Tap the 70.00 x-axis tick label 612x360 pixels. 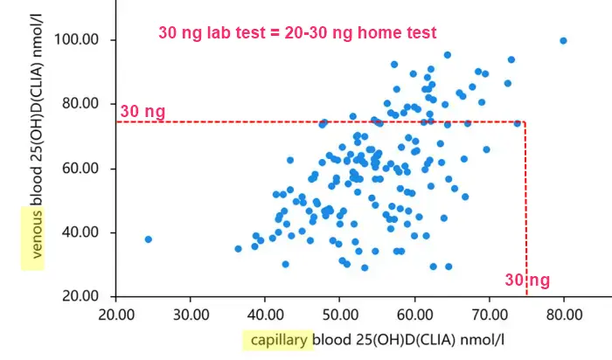point(489,314)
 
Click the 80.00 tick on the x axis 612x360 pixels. point(564,314)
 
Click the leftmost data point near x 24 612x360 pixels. point(148,239)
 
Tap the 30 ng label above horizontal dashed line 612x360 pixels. point(143,111)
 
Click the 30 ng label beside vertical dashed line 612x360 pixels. point(527,280)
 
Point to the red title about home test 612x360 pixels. point(297,32)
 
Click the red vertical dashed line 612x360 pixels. point(525,210)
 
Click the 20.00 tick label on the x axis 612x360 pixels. point(116,314)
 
